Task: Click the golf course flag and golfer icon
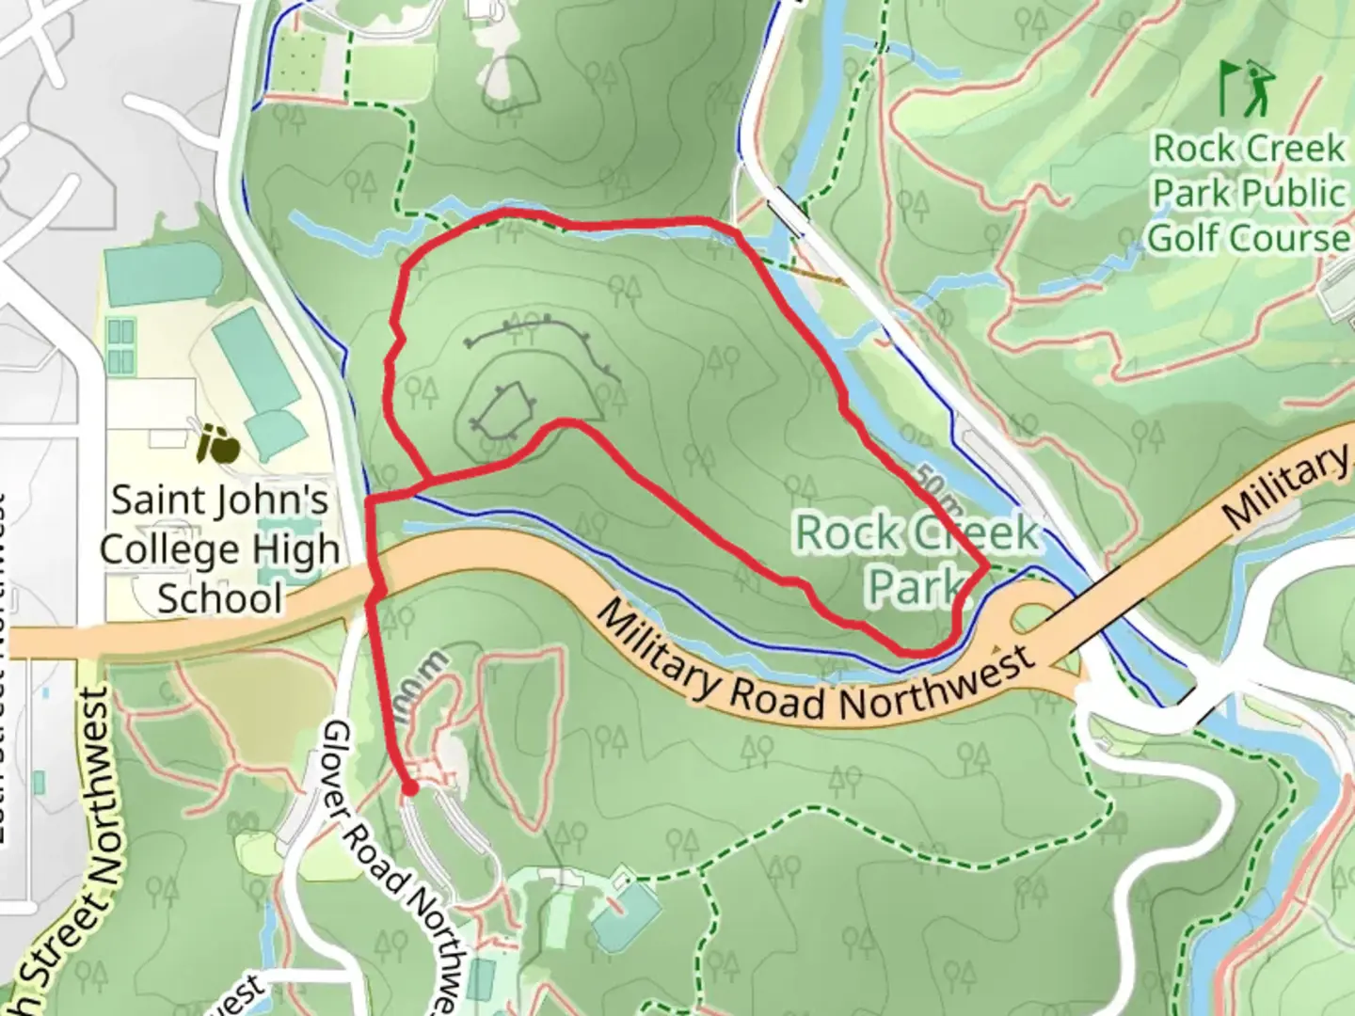[1244, 88]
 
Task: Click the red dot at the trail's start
[409, 788]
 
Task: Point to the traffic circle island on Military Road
[1032, 619]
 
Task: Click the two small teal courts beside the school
[120, 346]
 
